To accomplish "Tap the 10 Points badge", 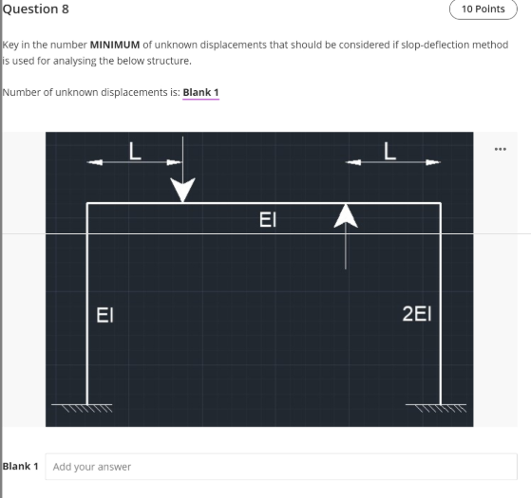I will (x=484, y=9).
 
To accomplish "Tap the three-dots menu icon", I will (x=501, y=149).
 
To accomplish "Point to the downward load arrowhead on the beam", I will (x=182, y=193).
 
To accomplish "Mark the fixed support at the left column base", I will (x=87, y=409).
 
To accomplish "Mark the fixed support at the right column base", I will (x=441, y=409).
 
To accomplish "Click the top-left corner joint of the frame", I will (x=87, y=203).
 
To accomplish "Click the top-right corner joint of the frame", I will (x=441, y=203).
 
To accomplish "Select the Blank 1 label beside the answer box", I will (x=21, y=467).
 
